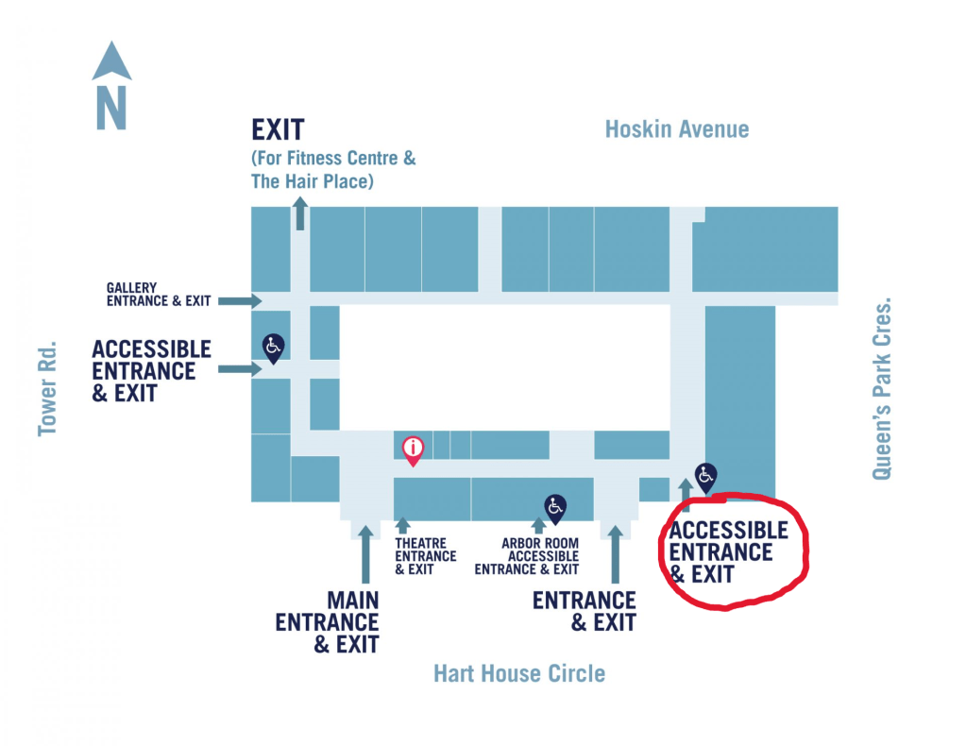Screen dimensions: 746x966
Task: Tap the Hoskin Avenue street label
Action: pos(677,129)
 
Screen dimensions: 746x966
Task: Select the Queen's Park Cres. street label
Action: pos(881,391)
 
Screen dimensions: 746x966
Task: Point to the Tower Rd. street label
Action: pos(48,388)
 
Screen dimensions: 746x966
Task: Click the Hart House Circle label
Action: pos(518,673)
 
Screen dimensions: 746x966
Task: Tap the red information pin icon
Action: pos(413,449)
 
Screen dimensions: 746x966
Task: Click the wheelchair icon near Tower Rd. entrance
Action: pos(272,348)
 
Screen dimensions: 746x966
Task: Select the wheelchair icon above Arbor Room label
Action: pos(554,508)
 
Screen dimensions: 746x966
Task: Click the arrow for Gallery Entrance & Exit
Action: pos(240,301)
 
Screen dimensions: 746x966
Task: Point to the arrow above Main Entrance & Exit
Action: pos(365,557)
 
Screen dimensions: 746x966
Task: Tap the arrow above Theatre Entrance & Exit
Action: pos(402,525)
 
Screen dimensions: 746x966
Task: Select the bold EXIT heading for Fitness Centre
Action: pos(278,129)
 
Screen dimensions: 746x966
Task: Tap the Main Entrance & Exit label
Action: pos(328,621)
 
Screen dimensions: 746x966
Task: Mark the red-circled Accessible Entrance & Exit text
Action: pos(728,552)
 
